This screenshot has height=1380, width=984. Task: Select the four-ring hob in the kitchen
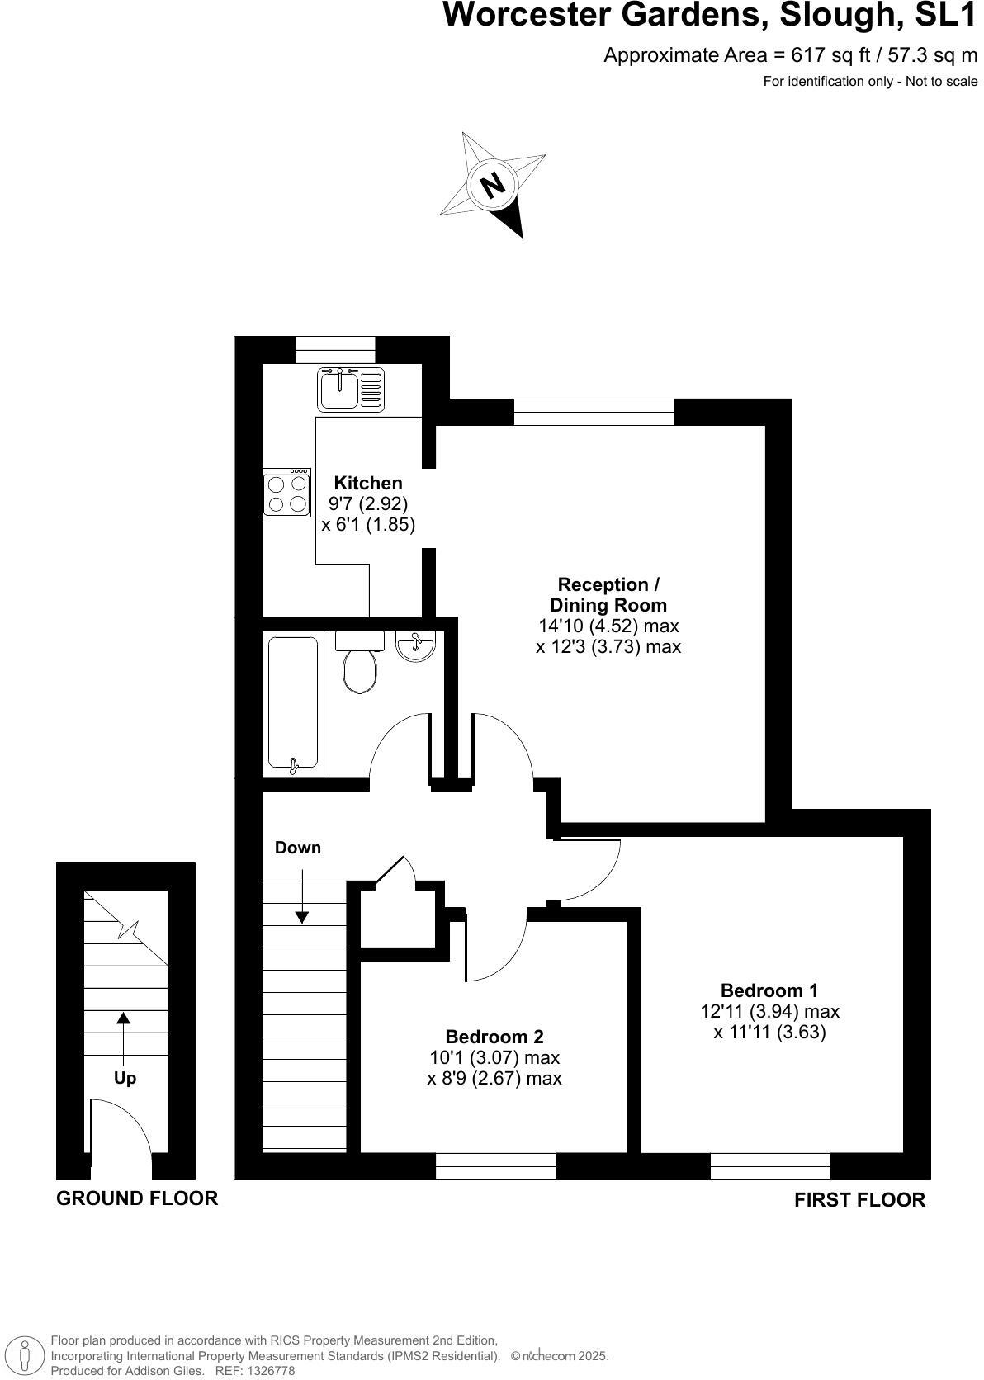286,493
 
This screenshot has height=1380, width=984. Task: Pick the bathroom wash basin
415,645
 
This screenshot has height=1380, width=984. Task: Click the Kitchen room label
368,483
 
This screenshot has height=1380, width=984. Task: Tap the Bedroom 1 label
769,990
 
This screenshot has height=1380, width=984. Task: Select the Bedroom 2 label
494,1037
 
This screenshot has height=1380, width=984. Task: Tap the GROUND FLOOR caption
137,1198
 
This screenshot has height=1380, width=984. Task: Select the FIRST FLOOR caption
859,1199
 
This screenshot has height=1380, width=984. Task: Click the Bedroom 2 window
495,1165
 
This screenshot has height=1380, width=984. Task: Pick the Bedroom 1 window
769,1165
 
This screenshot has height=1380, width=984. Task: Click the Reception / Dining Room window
594,412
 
